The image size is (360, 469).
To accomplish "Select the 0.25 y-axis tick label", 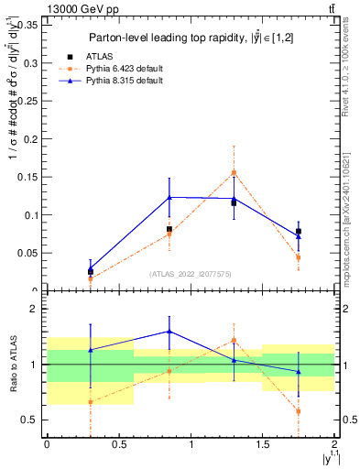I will [x=28, y=101].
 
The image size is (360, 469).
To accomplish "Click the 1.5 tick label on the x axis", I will [x=263, y=444].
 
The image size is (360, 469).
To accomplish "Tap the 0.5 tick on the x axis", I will [x=118, y=444].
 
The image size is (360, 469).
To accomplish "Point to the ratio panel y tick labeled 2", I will [x=34, y=310].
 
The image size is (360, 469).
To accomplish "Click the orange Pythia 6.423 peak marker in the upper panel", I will [x=235, y=172].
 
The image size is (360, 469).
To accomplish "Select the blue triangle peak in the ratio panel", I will [x=169, y=332].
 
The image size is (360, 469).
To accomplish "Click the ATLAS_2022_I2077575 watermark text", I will [x=190, y=273].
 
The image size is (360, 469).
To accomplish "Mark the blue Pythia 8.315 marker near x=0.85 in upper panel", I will [x=169, y=197].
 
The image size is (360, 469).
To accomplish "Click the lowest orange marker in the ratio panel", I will [x=299, y=411].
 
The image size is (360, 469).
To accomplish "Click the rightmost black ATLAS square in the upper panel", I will [x=299, y=231].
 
